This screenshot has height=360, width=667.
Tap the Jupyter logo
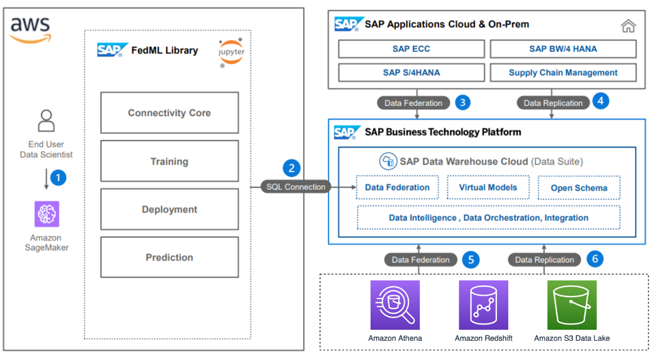click(x=231, y=53)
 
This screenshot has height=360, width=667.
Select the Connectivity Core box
click(x=169, y=113)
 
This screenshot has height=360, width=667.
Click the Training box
click(x=169, y=161)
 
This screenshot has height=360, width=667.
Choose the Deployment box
click(x=169, y=210)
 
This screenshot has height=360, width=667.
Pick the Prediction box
click(x=169, y=258)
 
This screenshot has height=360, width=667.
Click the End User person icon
click(x=46, y=121)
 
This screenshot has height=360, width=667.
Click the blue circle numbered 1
click(x=59, y=178)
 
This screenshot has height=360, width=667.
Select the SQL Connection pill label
click(x=295, y=186)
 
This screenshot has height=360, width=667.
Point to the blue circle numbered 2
click(x=292, y=168)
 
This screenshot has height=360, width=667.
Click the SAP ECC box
click(x=411, y=49)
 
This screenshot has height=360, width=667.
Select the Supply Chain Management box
click(x=563, y=72)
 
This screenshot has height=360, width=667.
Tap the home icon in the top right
click(x=628, y=26)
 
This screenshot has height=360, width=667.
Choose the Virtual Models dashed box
click(x=488, y=187)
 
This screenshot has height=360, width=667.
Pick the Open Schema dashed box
click(x=579, y=188)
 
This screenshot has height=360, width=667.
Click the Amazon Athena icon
click(x=395, y=305)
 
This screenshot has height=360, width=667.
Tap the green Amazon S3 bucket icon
click(x=571, y=305)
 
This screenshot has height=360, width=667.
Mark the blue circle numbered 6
click(x=595, y=259)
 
